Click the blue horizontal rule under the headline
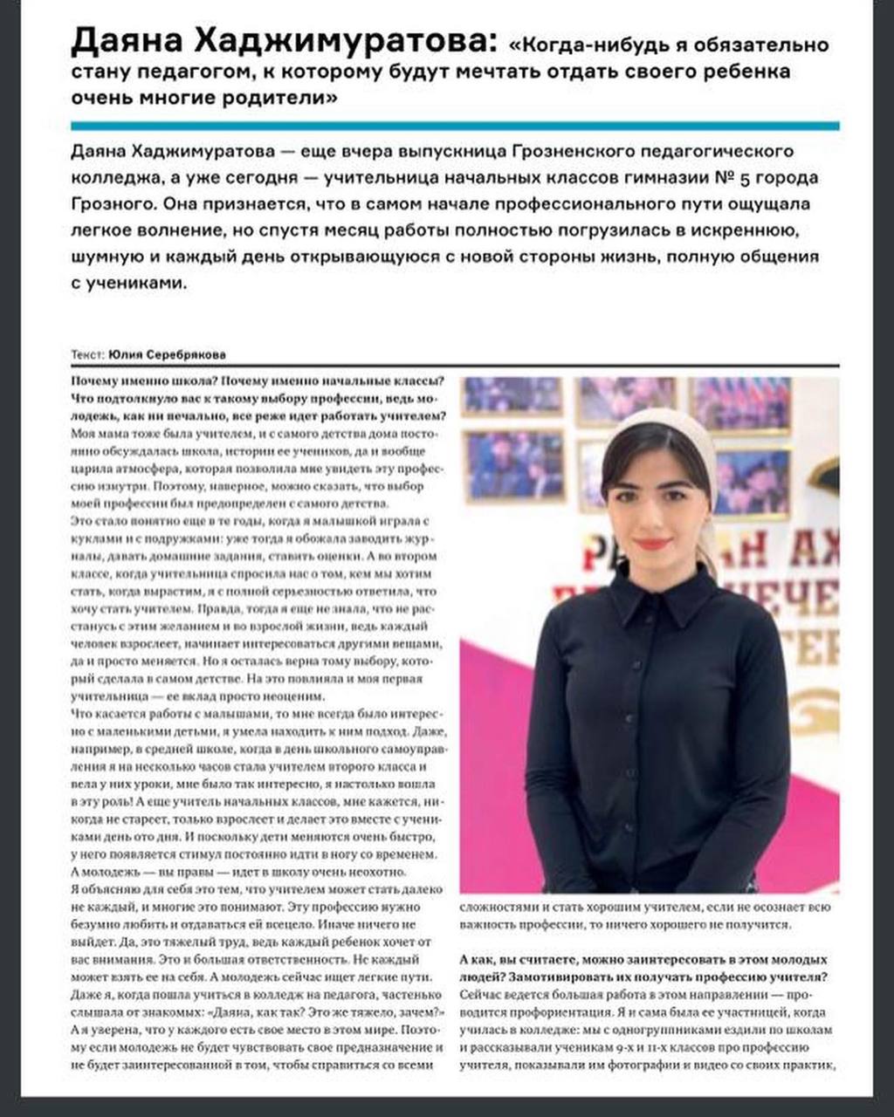coord(455,126)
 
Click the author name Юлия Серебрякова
coord(167,355)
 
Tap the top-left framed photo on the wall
coord(512,394)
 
